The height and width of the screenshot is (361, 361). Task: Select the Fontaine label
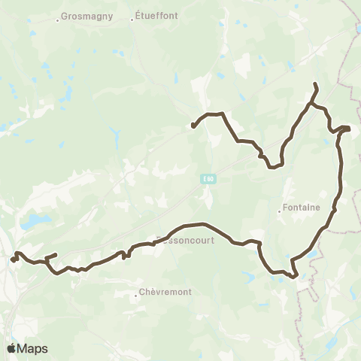tap(302, 208)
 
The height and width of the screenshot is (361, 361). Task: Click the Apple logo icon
tap(13, 348)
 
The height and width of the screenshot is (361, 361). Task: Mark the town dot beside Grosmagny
tap(58, 20)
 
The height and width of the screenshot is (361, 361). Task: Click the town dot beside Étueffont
tap(132, 20)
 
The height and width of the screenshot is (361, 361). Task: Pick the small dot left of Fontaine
tap(279, 211)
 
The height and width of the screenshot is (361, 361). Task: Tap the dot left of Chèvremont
tap(136, 296)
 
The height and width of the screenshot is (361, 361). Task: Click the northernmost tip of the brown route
tap(314, 83)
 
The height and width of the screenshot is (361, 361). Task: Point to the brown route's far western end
tap(12, 260)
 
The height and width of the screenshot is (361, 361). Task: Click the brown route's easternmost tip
tap(350, 128)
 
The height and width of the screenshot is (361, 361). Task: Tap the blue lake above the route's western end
tap(34, 223)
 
